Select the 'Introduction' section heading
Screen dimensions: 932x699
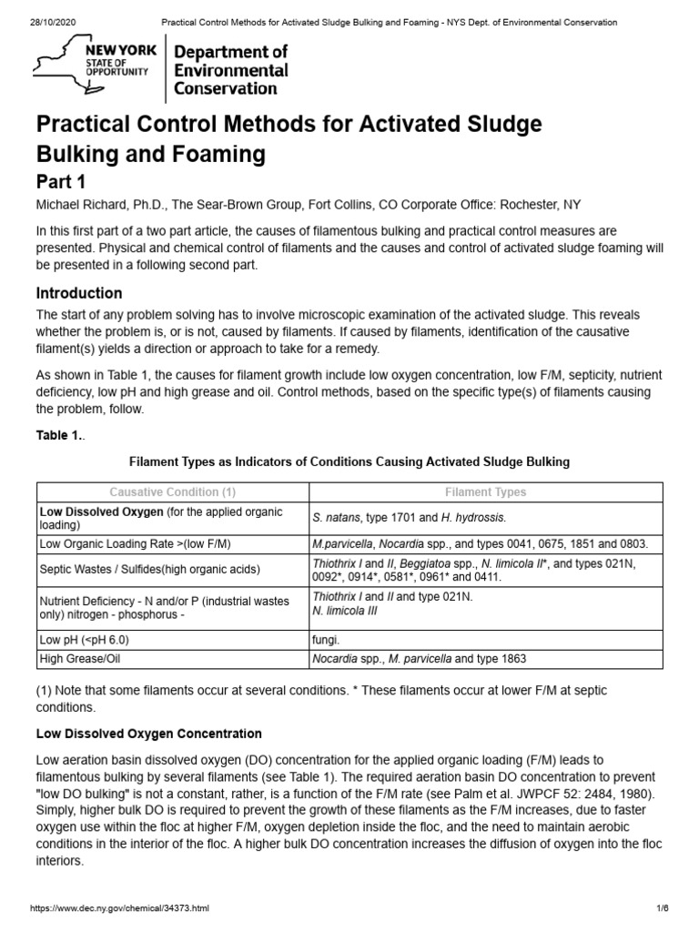click(x=78, y=293)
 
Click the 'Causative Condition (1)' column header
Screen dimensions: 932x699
click(x=172, y=491)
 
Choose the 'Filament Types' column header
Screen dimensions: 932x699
click(x=485, y=491)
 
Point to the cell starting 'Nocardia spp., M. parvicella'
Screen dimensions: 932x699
click(x=419, y=659)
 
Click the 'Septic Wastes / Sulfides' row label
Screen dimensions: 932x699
click(x=150, y=570)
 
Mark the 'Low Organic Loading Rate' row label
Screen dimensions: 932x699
click(x=134, y=543)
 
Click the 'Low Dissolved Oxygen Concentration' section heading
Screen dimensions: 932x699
click(x=148, y=734)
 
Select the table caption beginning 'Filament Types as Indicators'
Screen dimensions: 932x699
click(x=349, y=461)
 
